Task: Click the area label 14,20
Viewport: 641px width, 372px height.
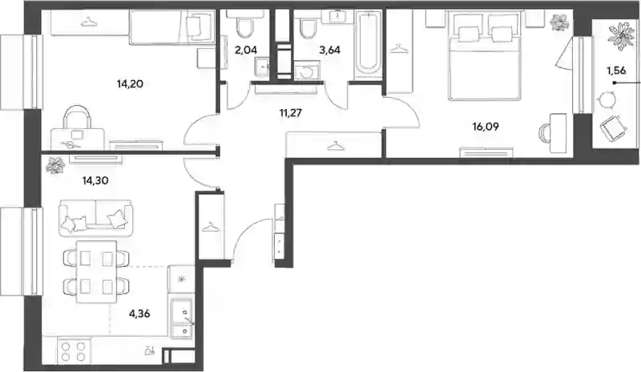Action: point(130,84)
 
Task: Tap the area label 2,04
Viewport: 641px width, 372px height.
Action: point(246,50)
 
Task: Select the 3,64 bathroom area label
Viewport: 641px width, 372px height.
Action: point(329,50)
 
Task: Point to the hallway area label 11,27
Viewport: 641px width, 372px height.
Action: point(291,112)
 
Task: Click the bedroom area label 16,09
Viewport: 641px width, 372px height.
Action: point(486,127)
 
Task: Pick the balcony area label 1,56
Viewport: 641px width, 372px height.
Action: point(616,71)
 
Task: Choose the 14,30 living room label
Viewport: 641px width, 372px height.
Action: point(95,180)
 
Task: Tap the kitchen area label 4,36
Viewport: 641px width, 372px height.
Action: point(139,314)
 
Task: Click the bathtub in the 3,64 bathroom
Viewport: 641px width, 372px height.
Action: point(368,45)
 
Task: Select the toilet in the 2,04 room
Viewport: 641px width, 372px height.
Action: point(244,24)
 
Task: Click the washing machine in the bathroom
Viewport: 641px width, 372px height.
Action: point(308,70)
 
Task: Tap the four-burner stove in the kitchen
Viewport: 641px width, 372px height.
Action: point(74,351)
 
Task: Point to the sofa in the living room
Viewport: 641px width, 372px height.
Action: point(96,218)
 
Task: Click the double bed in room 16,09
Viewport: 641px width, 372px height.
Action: point(485,56)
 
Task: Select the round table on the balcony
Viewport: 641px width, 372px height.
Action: point(607,99)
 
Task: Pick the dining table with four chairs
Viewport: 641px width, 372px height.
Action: point(96,271)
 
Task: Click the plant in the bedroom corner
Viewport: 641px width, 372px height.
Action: point(558,22)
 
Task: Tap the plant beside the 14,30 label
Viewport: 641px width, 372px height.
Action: point(55,166)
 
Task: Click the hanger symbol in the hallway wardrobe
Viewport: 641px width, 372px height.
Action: point(336,146)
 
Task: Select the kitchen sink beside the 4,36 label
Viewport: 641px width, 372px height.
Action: point(182,318)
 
